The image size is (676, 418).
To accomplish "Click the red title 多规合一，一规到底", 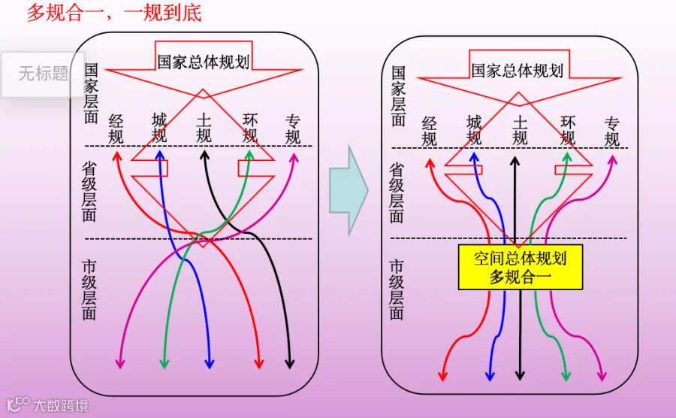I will pyautogui.click(x=114, y=13).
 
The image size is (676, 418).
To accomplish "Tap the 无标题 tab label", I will pyautogui.click(x=44, y=74).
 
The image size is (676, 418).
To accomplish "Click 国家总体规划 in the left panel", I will pyautogui.click(x=203, y=62).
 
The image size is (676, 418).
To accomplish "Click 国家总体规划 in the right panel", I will pyautogui.click(x=517, y=71).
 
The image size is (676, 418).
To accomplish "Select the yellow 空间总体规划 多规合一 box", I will pyautogui.click(x=520, y=268).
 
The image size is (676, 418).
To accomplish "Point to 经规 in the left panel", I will pyautogui.click(x=116, y=129).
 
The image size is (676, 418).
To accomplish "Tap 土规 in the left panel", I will pyautogui.click(x=204, y=129).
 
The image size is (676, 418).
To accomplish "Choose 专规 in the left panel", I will pyautogui.click(x=293, y=129).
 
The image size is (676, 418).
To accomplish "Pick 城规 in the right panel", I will pyautogui.click(x=474, y=130).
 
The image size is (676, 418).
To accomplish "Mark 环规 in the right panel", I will pyautogui.click(x=568, y=130).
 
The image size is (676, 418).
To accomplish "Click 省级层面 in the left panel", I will pyautogui.click(x=89, y=192).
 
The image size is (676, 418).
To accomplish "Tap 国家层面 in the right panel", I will pyautogui.click(x=398, y=96).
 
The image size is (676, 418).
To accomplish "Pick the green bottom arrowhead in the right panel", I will pyautogui.click(x=566, y=374).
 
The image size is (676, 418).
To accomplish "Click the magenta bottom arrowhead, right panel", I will pyautogui.click(x=601, y=374).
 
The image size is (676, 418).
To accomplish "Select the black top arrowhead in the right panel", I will pyautogui.click(x=515, y=161).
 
